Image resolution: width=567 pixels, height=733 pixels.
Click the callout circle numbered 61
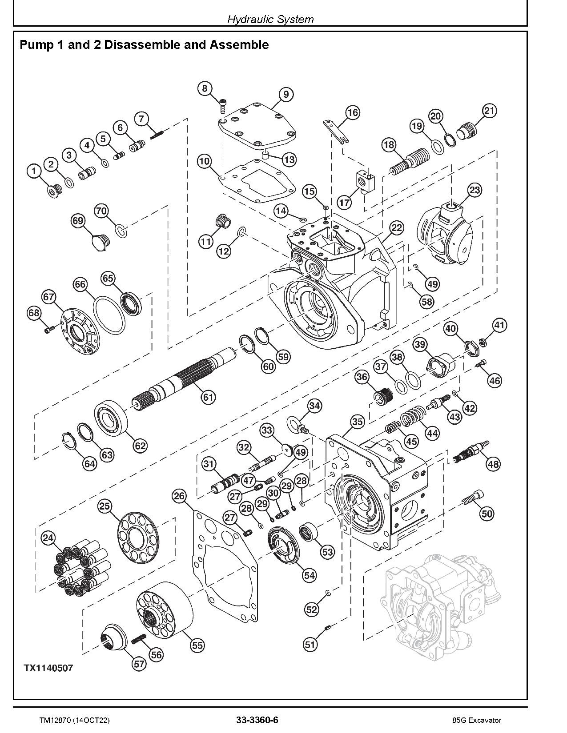coord(208,397)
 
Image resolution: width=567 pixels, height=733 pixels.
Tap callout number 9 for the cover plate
coord(286,94)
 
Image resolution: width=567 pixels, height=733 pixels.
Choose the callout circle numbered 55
coord(197,645)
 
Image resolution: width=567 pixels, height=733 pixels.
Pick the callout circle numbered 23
coord(475,191)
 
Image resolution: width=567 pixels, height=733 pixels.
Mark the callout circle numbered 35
coord(358,422)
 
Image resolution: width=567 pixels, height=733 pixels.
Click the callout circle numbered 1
coord(34,171)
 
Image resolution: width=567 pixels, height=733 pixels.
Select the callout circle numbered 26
coord(180,496)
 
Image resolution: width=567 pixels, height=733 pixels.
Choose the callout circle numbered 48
coord(493,464)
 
